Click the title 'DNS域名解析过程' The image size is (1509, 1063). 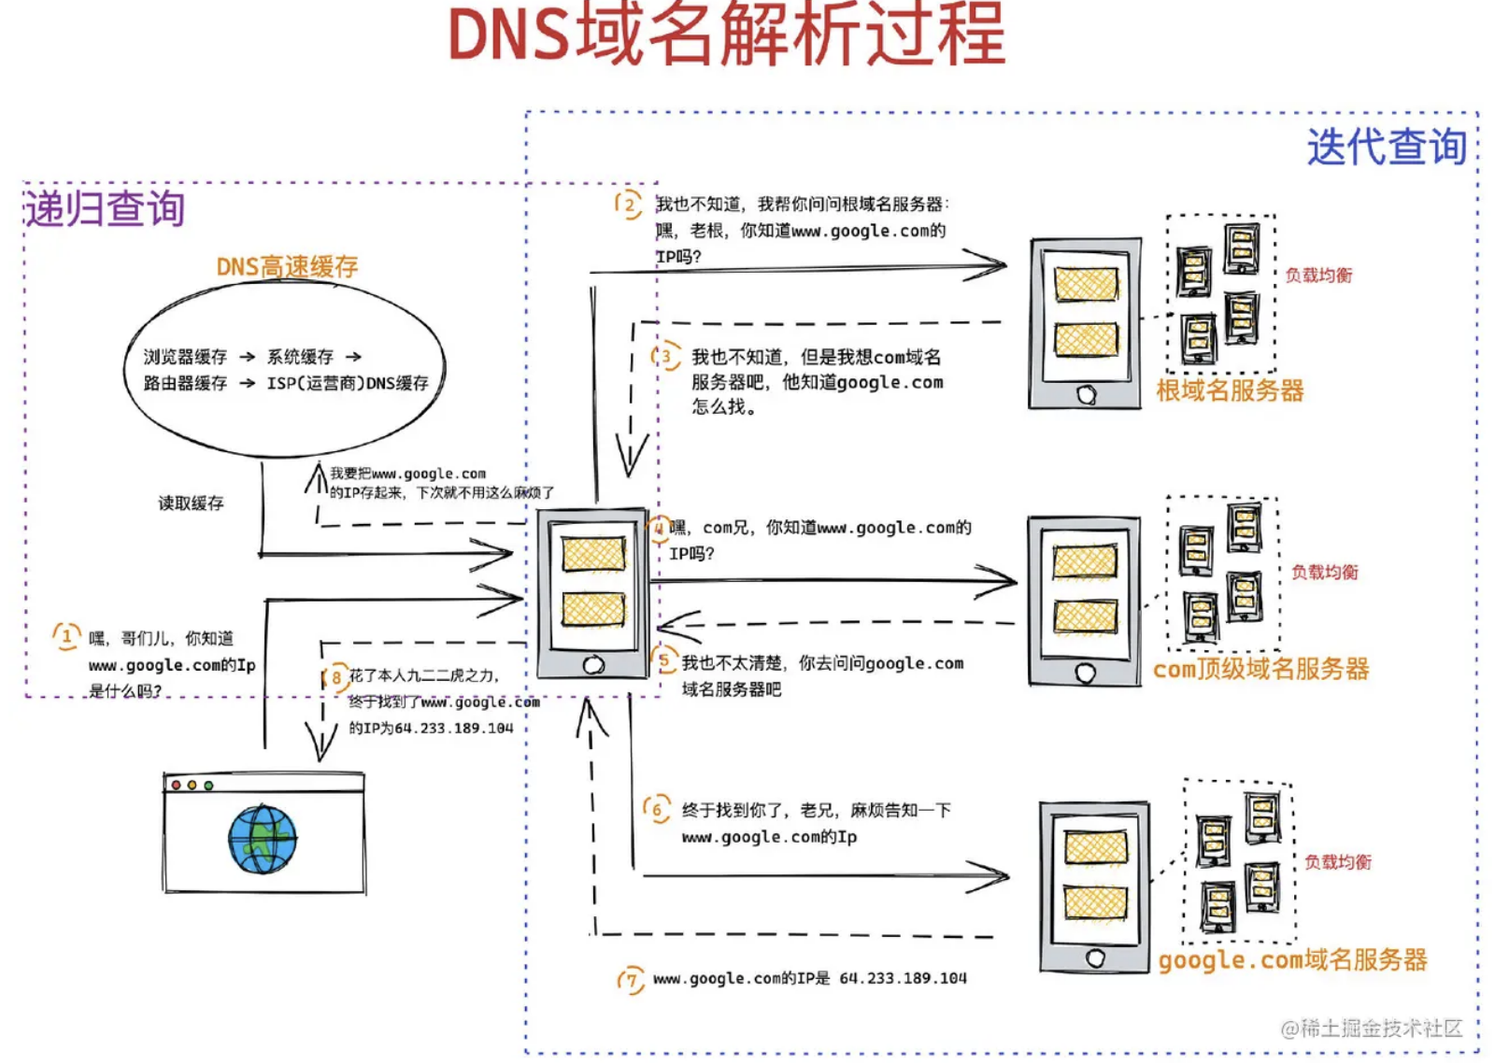[x=727, y=35]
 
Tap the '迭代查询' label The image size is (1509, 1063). [x=1386, y=148]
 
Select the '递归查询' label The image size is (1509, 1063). [x=105, y=208]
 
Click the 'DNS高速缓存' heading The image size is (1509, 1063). [x=287, y=267]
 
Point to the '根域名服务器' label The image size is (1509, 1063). [x=1230, y=390]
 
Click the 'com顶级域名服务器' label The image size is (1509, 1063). [x=1260, y=669]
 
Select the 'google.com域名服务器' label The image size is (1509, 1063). [x=1292, y=960]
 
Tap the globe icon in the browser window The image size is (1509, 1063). [x=263, y=839]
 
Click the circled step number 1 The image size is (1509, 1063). [x=66, y=637]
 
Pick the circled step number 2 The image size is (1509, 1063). [x=630, y=205]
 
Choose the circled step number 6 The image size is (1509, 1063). [x=657, y=810]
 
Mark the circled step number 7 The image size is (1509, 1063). [x=632, y=980]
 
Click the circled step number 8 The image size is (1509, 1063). [x=336, y=677]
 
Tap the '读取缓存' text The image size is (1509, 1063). [x=191, y=503]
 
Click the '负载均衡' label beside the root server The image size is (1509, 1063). [x=1318, y=276]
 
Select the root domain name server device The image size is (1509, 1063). [x=1085, y=323]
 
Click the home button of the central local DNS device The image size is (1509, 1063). [x=593, y=665]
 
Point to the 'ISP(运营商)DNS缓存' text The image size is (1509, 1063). [x=348, y=383]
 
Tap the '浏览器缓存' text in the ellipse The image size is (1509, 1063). [x=185, y=357]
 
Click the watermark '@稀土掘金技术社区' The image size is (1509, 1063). [x=1371, y=1028]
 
